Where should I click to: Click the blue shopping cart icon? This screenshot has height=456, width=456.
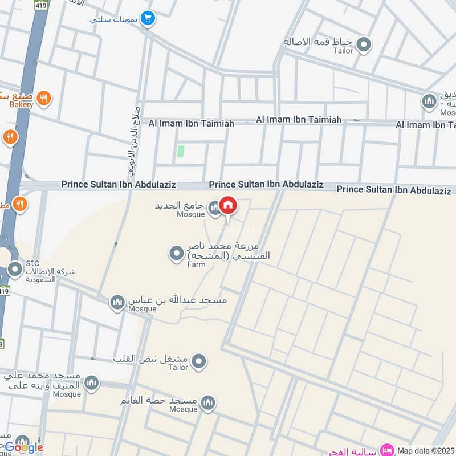pyautogui.click(x=148, y=19)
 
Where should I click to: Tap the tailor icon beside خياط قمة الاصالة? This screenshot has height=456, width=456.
pyautogui.click(x=364, y=44)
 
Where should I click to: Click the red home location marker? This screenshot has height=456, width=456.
pyautogui.click(x=228, y=206)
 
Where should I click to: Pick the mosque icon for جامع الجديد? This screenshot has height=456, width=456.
pyautogui.click(x=214, y=209)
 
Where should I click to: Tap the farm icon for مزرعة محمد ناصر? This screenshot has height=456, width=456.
pyautogui.click(x=177, y=251)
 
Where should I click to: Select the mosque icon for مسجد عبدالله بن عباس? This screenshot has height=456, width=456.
pyautogui.click(x=117, y=302)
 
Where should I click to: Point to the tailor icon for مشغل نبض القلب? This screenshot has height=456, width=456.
pyautogui.click(x=198, y=361)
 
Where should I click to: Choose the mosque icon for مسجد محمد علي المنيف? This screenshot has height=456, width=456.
pyautogui.click(x=91, y=384)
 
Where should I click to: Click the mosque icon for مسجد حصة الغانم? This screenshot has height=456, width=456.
pyautogui.click(x=207, y=404)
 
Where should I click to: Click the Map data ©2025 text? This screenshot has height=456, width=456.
pyautogui.click(x=426, y=450)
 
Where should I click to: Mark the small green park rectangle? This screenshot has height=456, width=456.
pyautogui.click(x=181, y=151)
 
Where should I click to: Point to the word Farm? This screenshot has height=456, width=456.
pyautogui.click(x=197, y=264)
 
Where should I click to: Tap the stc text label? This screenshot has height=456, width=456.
pyautogui.click(x=32, y=263)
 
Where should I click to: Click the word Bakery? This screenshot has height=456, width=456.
pyautogui.click(x=21, y=105)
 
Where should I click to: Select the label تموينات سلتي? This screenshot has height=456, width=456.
pyautogui.click(x=113, y=19)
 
